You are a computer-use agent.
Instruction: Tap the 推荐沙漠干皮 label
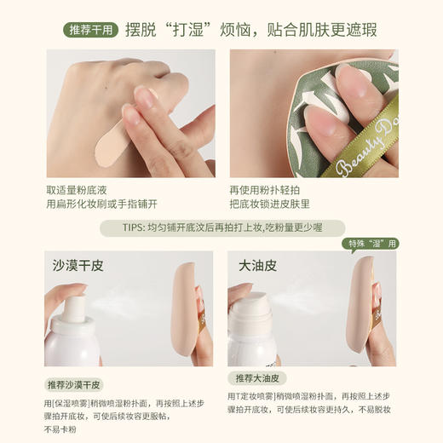click(73, 384)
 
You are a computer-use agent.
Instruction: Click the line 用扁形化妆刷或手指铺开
click(101, 204)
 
